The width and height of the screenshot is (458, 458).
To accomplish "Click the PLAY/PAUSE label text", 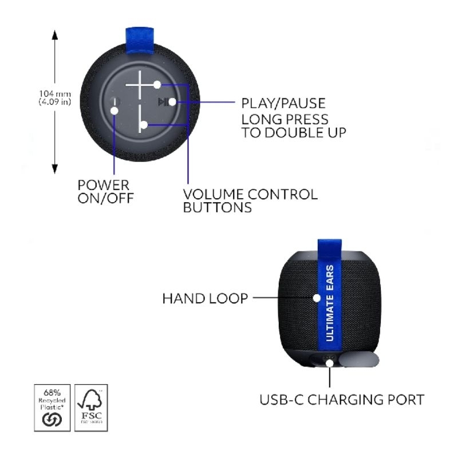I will pos(283,104).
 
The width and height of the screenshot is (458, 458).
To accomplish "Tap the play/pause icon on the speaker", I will pos(164,102).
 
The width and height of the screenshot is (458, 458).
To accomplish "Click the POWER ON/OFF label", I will pos(104,192).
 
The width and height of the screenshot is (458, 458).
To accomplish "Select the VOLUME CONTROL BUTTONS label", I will pos(250,200).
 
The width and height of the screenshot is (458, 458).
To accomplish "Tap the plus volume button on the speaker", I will pos(142,84).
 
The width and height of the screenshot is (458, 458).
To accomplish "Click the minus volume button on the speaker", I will pos(140,117).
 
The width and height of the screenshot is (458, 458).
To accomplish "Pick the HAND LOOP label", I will pos(205,298).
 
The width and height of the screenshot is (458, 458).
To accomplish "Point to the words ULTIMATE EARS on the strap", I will pos(329,303).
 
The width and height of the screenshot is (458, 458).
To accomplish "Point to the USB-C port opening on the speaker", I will pos(330,361).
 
